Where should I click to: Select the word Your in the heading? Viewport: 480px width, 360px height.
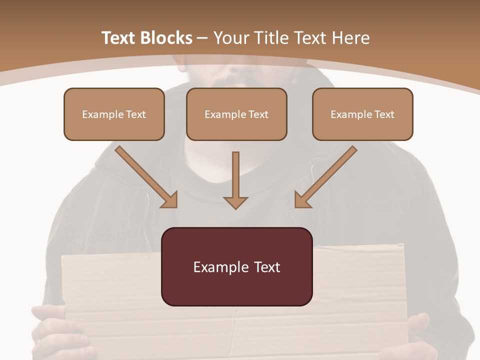(x=231, y=38)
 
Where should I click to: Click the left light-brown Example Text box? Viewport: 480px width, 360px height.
(x=114, y=114)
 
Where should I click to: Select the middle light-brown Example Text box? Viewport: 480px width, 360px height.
(x=236, y=114)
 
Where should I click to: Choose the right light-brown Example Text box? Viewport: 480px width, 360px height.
(x=362, y=114)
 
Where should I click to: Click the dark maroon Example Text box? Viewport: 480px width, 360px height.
(x=236, y=266)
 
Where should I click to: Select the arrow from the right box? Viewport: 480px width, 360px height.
(x=325, y=176)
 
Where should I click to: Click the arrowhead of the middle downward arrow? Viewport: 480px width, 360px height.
(x=235, y=202)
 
